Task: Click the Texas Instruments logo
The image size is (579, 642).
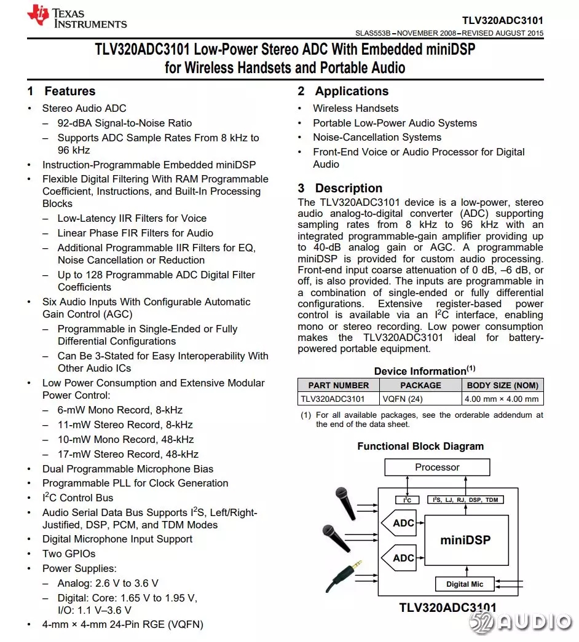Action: click(x=77, y=17)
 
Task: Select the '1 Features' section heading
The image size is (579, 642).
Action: click(x=61, y=92)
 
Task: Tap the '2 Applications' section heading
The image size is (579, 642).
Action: click(x=344, y=92)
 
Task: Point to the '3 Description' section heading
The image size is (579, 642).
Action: click(x=341, y=189)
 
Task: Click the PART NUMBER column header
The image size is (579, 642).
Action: click(x=339, y=385)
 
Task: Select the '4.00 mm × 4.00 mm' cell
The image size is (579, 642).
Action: click(x=502, y=399)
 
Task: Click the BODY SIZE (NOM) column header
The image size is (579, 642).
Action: click(x=502, y=385)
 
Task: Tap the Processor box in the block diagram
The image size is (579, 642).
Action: click(x=437, y=468)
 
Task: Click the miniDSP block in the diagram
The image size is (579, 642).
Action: click(x=465, y=541)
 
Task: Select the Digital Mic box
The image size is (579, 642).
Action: click(x=465, y=584)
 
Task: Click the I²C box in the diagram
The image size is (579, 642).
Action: click(x=407, y=500)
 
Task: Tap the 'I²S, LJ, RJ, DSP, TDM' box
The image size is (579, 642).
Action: click(x=465, y=500)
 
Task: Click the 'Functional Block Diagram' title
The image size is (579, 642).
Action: click(x=420, y=447)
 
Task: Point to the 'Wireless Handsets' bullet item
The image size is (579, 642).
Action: click(x=355, y=108)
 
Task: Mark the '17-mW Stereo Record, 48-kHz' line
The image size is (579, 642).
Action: click(x=128, y=454)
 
